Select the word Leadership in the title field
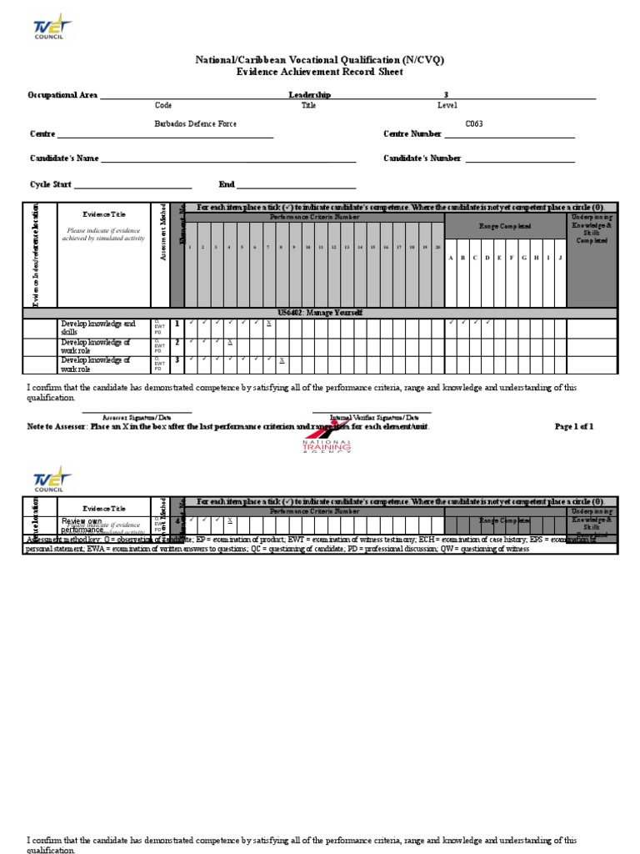[309, 95]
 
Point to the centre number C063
[473, 123]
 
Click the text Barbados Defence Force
[195, 123]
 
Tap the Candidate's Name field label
[64, 158]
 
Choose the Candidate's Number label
[422, 158]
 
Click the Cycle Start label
[50, 184]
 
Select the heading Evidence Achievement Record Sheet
[320, 73]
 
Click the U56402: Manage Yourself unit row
[320, 313]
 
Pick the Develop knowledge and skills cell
[97, 326]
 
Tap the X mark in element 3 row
[282, 360]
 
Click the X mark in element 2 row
[230, 342]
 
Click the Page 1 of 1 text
[573, 426]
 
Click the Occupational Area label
[63, 95]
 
